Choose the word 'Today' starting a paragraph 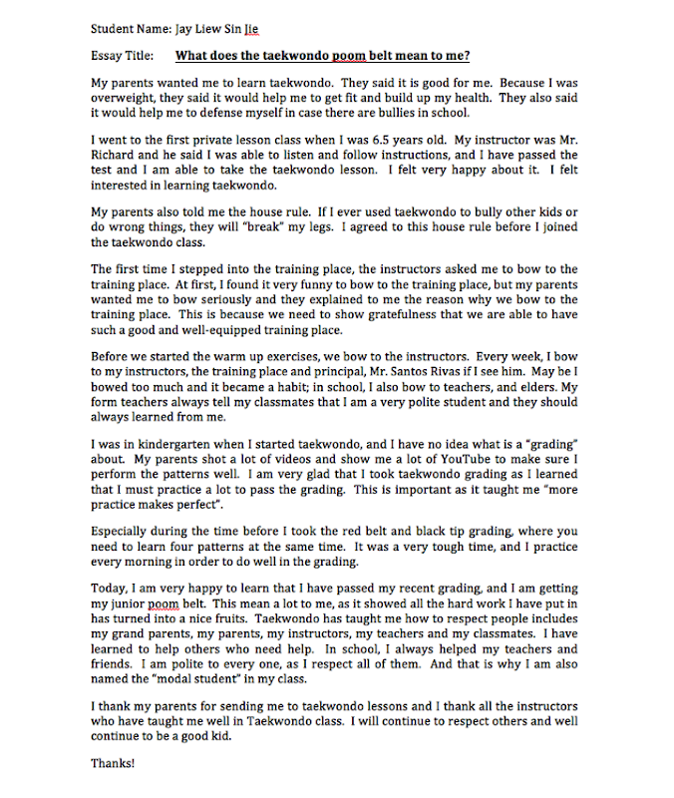[109, 589]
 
